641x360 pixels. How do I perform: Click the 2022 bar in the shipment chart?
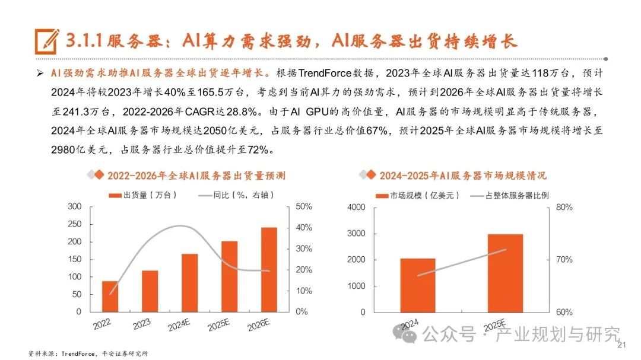coord(110,296)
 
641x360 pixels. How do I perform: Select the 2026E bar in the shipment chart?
coord(269,269)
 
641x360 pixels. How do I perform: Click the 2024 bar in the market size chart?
coord(417,285)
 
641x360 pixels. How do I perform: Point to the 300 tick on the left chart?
coord(74,206)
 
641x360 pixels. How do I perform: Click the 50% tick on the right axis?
coord(303,206)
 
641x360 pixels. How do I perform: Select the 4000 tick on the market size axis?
coord(356,208)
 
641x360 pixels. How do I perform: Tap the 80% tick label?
coord(564,208)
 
